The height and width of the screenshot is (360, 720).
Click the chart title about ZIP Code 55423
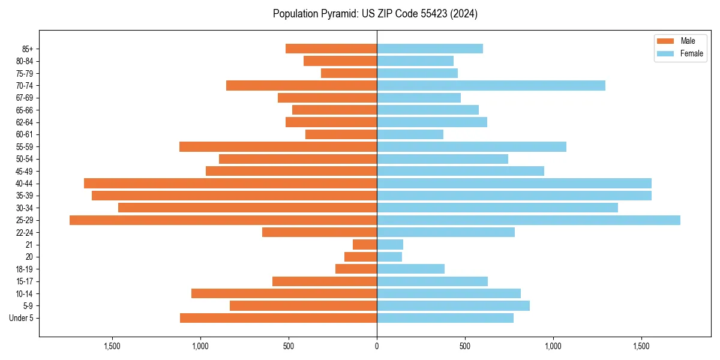tap(375, 14)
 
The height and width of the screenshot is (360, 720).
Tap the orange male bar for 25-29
tap(223, 220)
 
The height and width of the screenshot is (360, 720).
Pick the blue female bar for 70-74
tap(491, 86)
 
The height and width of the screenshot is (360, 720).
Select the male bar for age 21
tap(365, 245)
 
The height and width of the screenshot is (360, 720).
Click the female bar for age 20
tap(389, 257)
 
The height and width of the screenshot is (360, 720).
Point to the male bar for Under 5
tap(278, 318)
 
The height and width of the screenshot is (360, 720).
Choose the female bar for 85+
tap(430, 49)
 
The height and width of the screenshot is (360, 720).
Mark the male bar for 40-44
tap(230, 184)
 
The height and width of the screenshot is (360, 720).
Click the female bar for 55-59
tap(472, 147)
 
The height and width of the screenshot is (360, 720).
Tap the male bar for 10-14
tap(284, 293)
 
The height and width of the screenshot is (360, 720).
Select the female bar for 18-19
tap(410, 269)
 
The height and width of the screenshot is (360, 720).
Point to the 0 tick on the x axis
tap(377, 346)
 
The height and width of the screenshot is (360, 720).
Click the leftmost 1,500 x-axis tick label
tap(112, 346)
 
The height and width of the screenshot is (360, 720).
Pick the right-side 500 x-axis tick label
tap(465, 346)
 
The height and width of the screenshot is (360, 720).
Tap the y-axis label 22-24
tap(24, 233)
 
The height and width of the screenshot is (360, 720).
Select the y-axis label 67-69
tap(24, 98)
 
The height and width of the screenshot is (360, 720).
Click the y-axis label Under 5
tap(22, 318)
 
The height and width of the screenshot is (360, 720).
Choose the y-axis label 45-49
tap(24, 172)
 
